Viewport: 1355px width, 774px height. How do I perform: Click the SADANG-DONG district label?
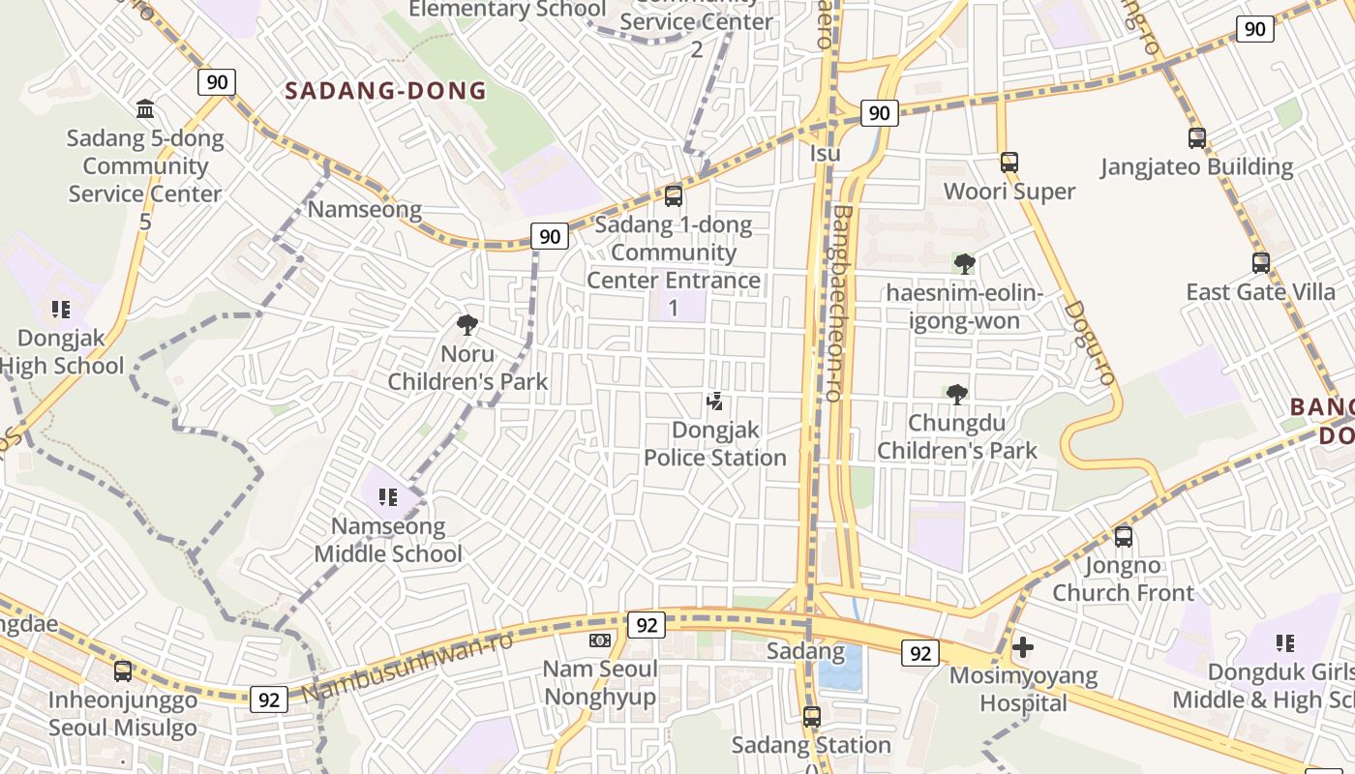(385, 92)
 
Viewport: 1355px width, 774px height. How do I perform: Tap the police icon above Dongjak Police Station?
(715, 401)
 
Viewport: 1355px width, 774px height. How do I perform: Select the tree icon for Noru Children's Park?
(467, 325)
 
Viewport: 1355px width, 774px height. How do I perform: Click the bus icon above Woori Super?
(1009, 163)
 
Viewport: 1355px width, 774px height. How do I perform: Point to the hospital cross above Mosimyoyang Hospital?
(1023, 646)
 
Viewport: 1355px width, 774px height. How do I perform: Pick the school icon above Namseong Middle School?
(388, 497)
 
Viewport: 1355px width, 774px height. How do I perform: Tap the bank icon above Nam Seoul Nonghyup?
(600, 640)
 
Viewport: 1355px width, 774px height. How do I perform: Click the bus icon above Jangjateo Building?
(1197, 138)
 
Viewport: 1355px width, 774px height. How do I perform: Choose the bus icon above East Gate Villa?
(1261, 262)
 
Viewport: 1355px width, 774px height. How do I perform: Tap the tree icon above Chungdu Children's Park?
(957, 394)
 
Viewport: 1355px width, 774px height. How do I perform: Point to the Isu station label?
(825, 154)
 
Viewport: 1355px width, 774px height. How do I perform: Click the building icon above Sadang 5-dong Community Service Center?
(145, 108)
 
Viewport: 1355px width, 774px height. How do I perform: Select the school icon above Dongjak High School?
(61, 310)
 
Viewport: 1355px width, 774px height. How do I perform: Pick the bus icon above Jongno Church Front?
(1123, 536)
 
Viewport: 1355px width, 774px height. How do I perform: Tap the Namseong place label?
(364, 209)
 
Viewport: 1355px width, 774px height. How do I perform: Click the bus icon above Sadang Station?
(811, 717)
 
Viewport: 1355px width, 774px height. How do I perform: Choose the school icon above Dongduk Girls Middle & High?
(1285, 643)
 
